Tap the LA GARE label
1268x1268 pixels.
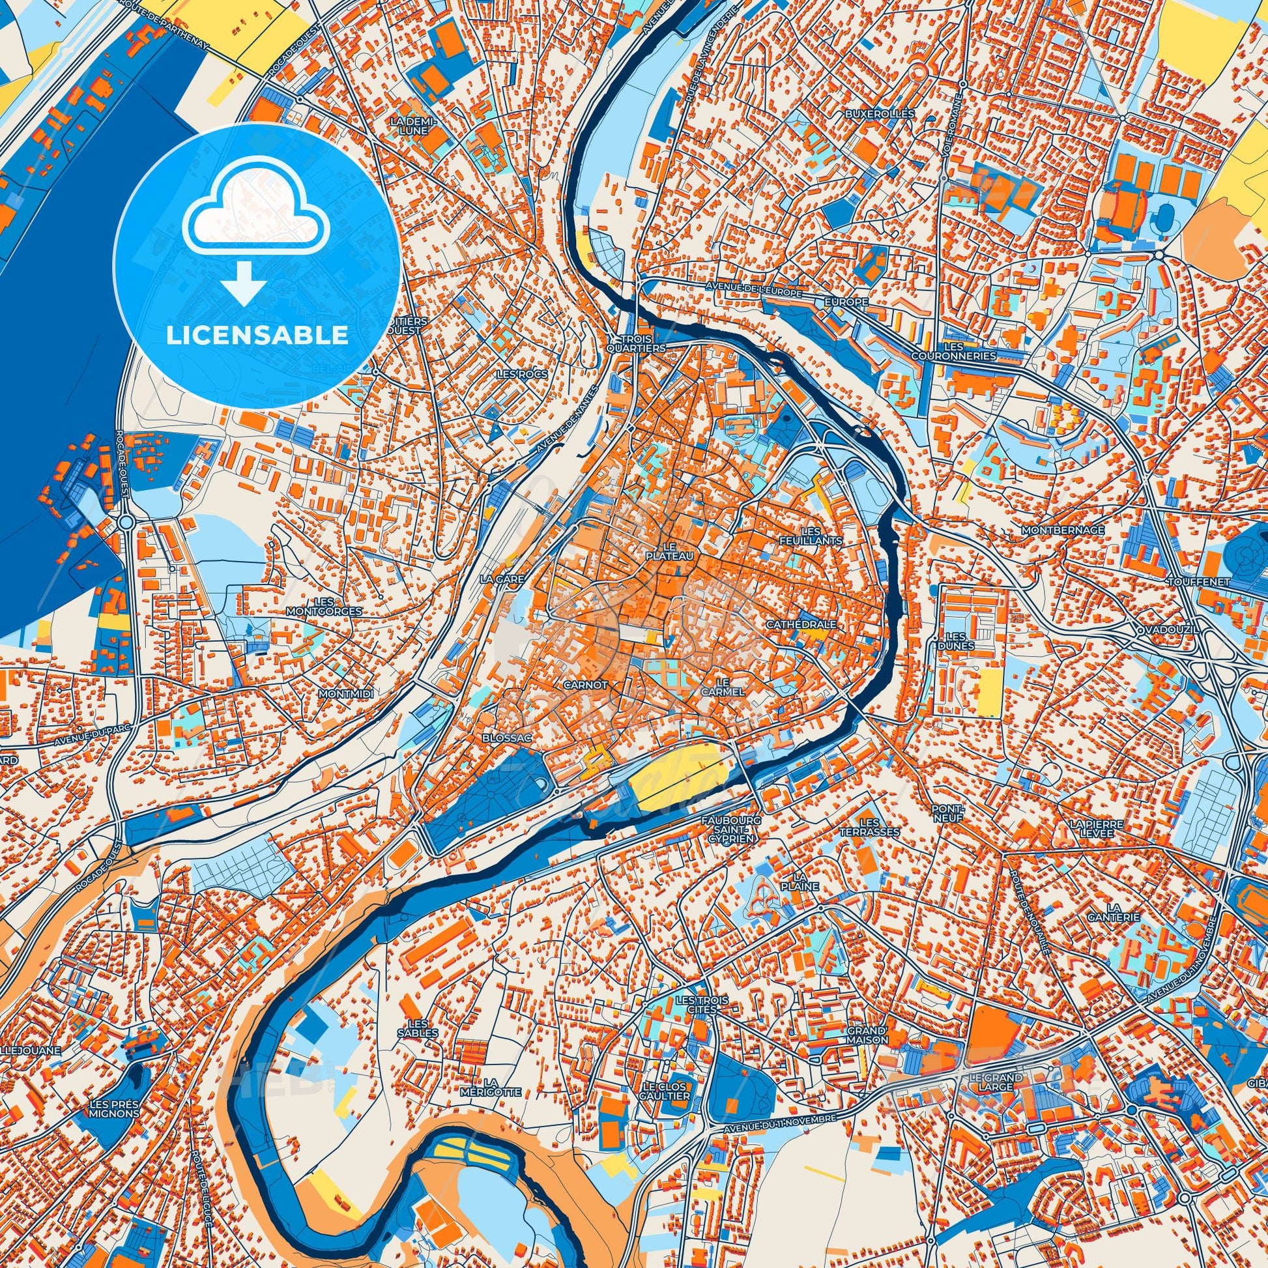(496, 579)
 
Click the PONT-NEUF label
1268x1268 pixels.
(949, 814)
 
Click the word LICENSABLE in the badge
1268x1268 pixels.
(257, 336)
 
